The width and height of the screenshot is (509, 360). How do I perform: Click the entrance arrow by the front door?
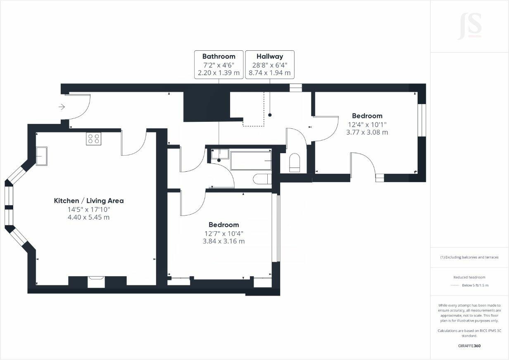click(62, 107)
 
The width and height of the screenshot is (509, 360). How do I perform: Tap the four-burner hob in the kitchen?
click(93, 139)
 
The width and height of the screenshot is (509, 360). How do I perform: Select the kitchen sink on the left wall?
click(41, 156)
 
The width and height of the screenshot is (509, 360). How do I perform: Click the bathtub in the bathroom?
click(251, 161)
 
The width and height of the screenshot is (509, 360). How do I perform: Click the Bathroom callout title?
click(219, 57)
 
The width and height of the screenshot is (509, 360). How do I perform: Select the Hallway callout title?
click(269, 57)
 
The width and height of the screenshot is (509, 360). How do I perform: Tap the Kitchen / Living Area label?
click(89, 201)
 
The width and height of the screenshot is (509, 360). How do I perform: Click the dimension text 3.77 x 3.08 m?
click(367, 133)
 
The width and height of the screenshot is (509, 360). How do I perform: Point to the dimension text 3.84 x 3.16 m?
click(224, 241)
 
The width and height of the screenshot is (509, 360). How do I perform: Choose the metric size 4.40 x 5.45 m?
click(88, 217)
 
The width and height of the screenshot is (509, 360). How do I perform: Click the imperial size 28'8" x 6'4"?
click(269, 65)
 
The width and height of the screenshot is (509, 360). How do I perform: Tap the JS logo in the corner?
click(469, 26)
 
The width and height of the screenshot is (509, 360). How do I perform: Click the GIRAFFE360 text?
click(469, 346)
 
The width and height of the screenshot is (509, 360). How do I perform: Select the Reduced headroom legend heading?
click(469, 277)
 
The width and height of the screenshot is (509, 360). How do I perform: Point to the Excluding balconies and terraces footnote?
click(469, 257)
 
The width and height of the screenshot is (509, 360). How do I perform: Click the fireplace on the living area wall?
click(97, 282)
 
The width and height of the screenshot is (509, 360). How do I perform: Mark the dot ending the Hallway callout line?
click(270, 115)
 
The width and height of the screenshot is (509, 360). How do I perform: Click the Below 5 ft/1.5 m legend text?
click(475, 285)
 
